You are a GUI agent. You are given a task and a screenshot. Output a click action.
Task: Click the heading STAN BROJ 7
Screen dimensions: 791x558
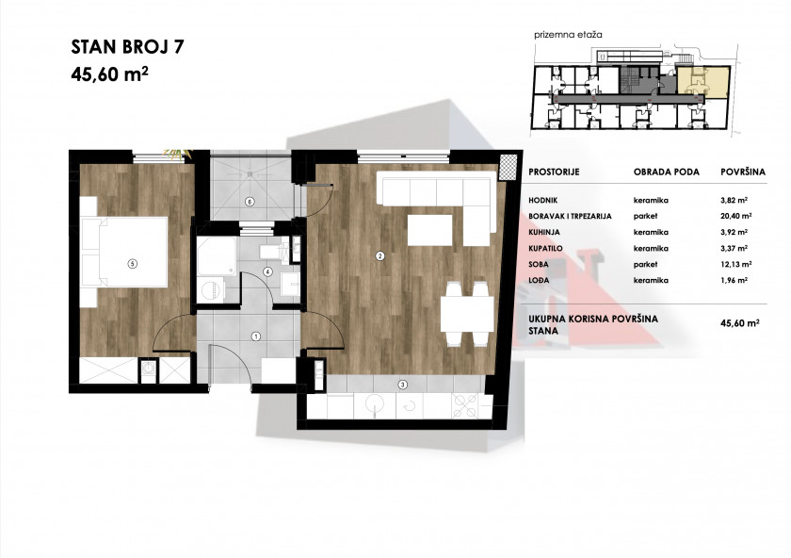point(128,46)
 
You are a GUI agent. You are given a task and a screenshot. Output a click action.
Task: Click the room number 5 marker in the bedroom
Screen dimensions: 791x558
point(132,263)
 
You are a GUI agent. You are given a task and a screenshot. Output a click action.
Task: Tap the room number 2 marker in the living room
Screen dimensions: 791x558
point(379,256)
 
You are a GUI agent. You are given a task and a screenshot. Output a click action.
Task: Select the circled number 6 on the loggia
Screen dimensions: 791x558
point(250,202)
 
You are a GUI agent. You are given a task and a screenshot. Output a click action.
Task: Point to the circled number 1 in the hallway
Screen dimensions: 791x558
point(256,336)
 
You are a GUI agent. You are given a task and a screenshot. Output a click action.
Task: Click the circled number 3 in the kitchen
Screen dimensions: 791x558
point(402,385)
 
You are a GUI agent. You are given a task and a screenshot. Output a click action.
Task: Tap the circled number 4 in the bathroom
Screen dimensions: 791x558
point(267,271)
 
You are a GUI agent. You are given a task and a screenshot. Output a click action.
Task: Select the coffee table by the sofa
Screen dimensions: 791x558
point(429,230)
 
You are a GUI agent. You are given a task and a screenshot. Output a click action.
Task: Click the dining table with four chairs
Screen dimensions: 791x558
point(467,314)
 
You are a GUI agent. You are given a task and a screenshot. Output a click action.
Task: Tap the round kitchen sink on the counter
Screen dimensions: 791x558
point(375,405)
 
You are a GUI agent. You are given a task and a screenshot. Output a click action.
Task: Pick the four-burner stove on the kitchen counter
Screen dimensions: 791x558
point(465,406)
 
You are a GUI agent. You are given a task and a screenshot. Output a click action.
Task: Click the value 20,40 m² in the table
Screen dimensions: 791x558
point(736,216)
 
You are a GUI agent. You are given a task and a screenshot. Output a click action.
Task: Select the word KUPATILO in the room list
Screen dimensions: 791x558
point(545,249)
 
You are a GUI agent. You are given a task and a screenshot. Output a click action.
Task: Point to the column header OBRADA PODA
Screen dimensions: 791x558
point(667,172)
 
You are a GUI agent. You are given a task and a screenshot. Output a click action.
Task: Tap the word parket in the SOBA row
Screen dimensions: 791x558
point(646,264)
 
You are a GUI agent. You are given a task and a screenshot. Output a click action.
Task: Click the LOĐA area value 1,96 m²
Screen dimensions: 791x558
point(734,280)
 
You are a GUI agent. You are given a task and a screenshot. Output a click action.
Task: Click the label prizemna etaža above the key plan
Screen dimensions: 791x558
point(568,35)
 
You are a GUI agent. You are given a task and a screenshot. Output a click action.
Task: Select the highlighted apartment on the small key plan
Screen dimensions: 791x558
point(702,81)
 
